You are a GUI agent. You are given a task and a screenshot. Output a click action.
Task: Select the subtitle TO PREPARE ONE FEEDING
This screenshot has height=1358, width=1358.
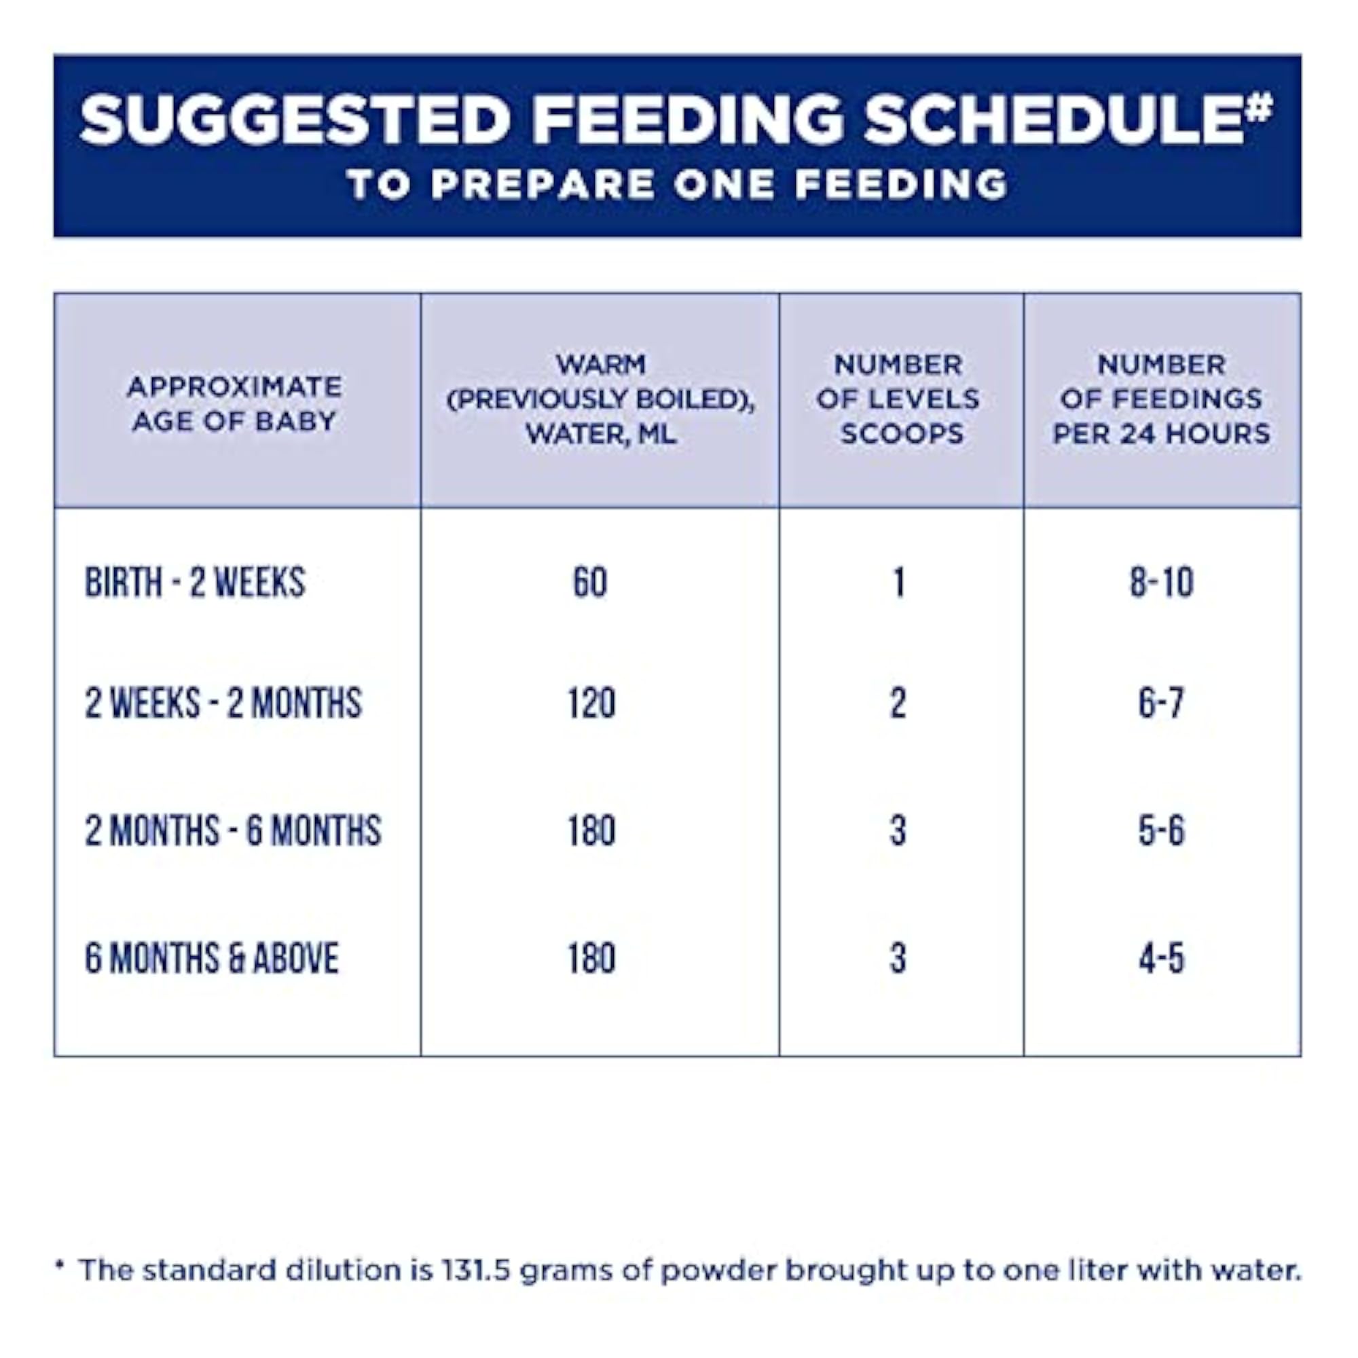pyautogui.click(x=678, y=184)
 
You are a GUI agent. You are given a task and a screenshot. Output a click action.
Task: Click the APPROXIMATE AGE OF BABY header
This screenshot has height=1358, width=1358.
pyautogui.click(x=235, y=403)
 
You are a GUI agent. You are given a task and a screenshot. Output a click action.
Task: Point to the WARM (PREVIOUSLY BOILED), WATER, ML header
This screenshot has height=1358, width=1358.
pyautogui.click(x=601, y=399)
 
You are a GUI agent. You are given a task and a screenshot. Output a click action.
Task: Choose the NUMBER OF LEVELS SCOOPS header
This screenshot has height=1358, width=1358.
pyautogui.click(x=898, y=399)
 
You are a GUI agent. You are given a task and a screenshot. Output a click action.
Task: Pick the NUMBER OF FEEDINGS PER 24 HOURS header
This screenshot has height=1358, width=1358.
pyautogui.click(x=1162, y=399)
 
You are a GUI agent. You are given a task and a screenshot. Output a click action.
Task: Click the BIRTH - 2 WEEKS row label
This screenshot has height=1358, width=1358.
pyautogui.click(x=196, y=582)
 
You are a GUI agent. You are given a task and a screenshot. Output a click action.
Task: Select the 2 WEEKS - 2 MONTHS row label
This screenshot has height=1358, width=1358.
pyautogui.click(x=223, y=703)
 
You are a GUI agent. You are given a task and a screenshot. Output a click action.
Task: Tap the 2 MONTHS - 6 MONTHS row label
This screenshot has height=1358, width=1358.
pyautogui.click(x=234, y=830)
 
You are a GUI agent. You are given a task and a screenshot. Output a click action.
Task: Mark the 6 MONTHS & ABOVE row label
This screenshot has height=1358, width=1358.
pyautogui.click(x=212, y=958)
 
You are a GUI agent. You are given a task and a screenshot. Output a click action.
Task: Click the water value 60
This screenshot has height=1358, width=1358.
pyautogui.click(x=591, y=582)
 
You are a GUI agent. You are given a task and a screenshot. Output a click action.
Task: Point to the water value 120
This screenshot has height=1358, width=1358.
pyautogui.click(x=592, y=703)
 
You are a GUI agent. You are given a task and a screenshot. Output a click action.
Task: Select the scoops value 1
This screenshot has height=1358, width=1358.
pyautogui.click(x=898, y=582)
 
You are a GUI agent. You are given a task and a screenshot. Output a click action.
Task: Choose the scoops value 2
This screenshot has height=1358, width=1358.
pyautogui.click(x=898, y=703)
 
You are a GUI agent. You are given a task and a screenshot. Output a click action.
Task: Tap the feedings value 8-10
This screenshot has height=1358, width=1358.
pyautogui.click(x=1162, y=582)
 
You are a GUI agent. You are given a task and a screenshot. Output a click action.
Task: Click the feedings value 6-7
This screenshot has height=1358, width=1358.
pyautogui.click(x=1162, y=703)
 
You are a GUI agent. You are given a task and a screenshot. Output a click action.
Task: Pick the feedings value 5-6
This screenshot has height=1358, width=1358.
pyautogui.click(x=1162, y=830)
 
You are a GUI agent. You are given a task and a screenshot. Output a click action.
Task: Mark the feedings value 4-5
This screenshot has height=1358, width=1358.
pyautogui.click(x=1162, y=958)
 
